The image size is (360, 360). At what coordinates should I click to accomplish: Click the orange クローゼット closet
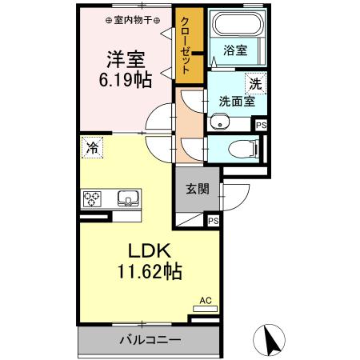(x=186, y=46)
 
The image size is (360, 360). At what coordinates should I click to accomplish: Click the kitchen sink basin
(x=127, y=198)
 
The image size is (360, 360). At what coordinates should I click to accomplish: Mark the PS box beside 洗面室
(x=261, y=124)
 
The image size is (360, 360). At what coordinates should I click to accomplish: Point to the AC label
(x=205, y=301)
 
